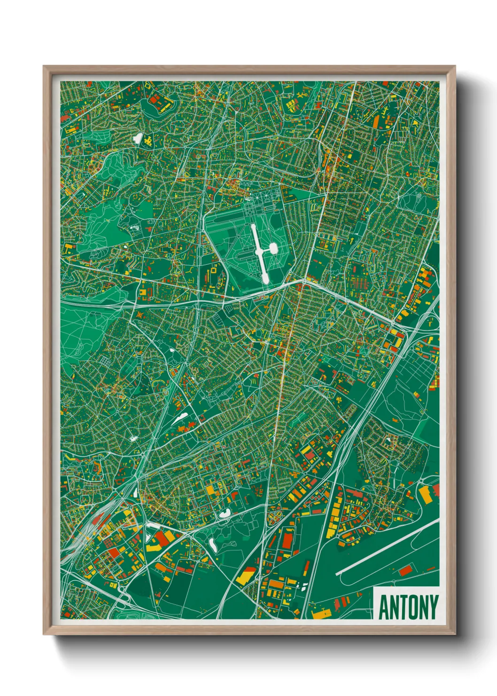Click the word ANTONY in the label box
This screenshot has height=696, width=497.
click(408, 607)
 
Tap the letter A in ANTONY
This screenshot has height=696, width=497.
click(383, 607)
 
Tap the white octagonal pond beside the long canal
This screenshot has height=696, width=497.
click(272, 247)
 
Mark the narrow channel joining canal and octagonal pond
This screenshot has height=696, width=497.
click(266, 249)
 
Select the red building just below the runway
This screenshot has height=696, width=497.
click(405, 571)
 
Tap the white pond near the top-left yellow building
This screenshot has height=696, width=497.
click(138, 138)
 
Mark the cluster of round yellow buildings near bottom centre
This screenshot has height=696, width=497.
click(274, 516)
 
